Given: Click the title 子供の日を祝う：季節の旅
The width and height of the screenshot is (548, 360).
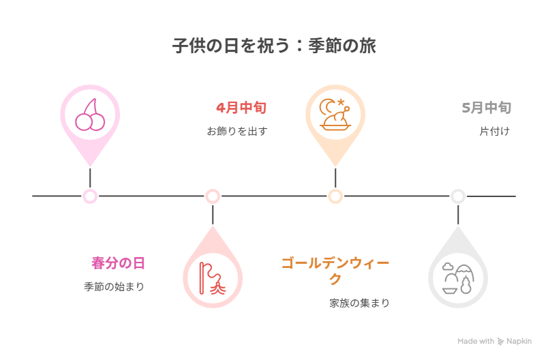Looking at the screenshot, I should coord(274,47).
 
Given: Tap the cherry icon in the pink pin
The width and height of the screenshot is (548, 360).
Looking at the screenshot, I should coord(90,115).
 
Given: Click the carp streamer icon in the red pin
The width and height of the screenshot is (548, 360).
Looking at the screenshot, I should coord(213,277).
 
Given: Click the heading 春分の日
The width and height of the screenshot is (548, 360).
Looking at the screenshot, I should coord(118,263).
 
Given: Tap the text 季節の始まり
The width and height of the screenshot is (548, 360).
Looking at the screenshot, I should coord(114,286).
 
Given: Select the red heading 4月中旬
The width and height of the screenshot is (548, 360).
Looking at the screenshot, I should coord(241,108).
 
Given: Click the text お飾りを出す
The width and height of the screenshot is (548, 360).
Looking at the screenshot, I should coord(237,131).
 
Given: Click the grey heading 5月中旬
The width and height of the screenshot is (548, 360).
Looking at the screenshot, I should coord(486,108).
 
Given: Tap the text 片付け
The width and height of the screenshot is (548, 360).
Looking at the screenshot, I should coord(494,131).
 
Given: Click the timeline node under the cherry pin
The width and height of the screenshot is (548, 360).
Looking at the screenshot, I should coord(90,196).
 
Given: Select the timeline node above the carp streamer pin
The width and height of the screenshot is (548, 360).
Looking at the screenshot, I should coord(213,196).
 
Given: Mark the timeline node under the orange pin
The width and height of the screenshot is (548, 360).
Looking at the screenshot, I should coord(335,196).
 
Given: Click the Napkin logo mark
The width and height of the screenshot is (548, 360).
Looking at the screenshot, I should coord(501,342).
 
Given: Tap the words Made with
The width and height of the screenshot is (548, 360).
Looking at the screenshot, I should coord(476,342).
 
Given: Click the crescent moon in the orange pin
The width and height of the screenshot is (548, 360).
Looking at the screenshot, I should coord(328,106).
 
